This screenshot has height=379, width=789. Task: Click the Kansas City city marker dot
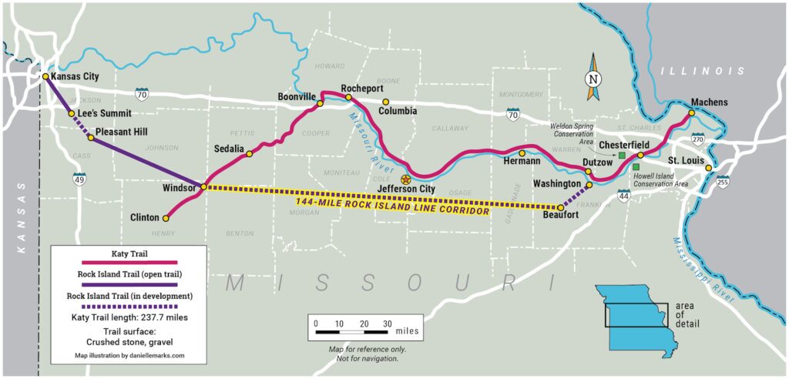coord(46,76)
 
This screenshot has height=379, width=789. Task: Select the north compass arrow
coord(593,77)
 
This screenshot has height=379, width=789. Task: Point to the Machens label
coord(709,102)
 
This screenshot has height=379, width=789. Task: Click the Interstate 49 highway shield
coord(79,179)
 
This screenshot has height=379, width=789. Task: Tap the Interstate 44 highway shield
coord(623,196)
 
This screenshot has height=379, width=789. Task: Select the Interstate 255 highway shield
coord(722,182)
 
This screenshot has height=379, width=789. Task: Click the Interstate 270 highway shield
coord(698,139)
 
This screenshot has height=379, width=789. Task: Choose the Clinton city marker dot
coord(166,218)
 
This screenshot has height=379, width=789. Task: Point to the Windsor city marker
coord(203,186)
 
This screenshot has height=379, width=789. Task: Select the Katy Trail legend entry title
coord(128,253)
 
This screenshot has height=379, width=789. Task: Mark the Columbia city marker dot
coord(387,101)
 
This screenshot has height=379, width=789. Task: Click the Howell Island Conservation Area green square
coord(636,166)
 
